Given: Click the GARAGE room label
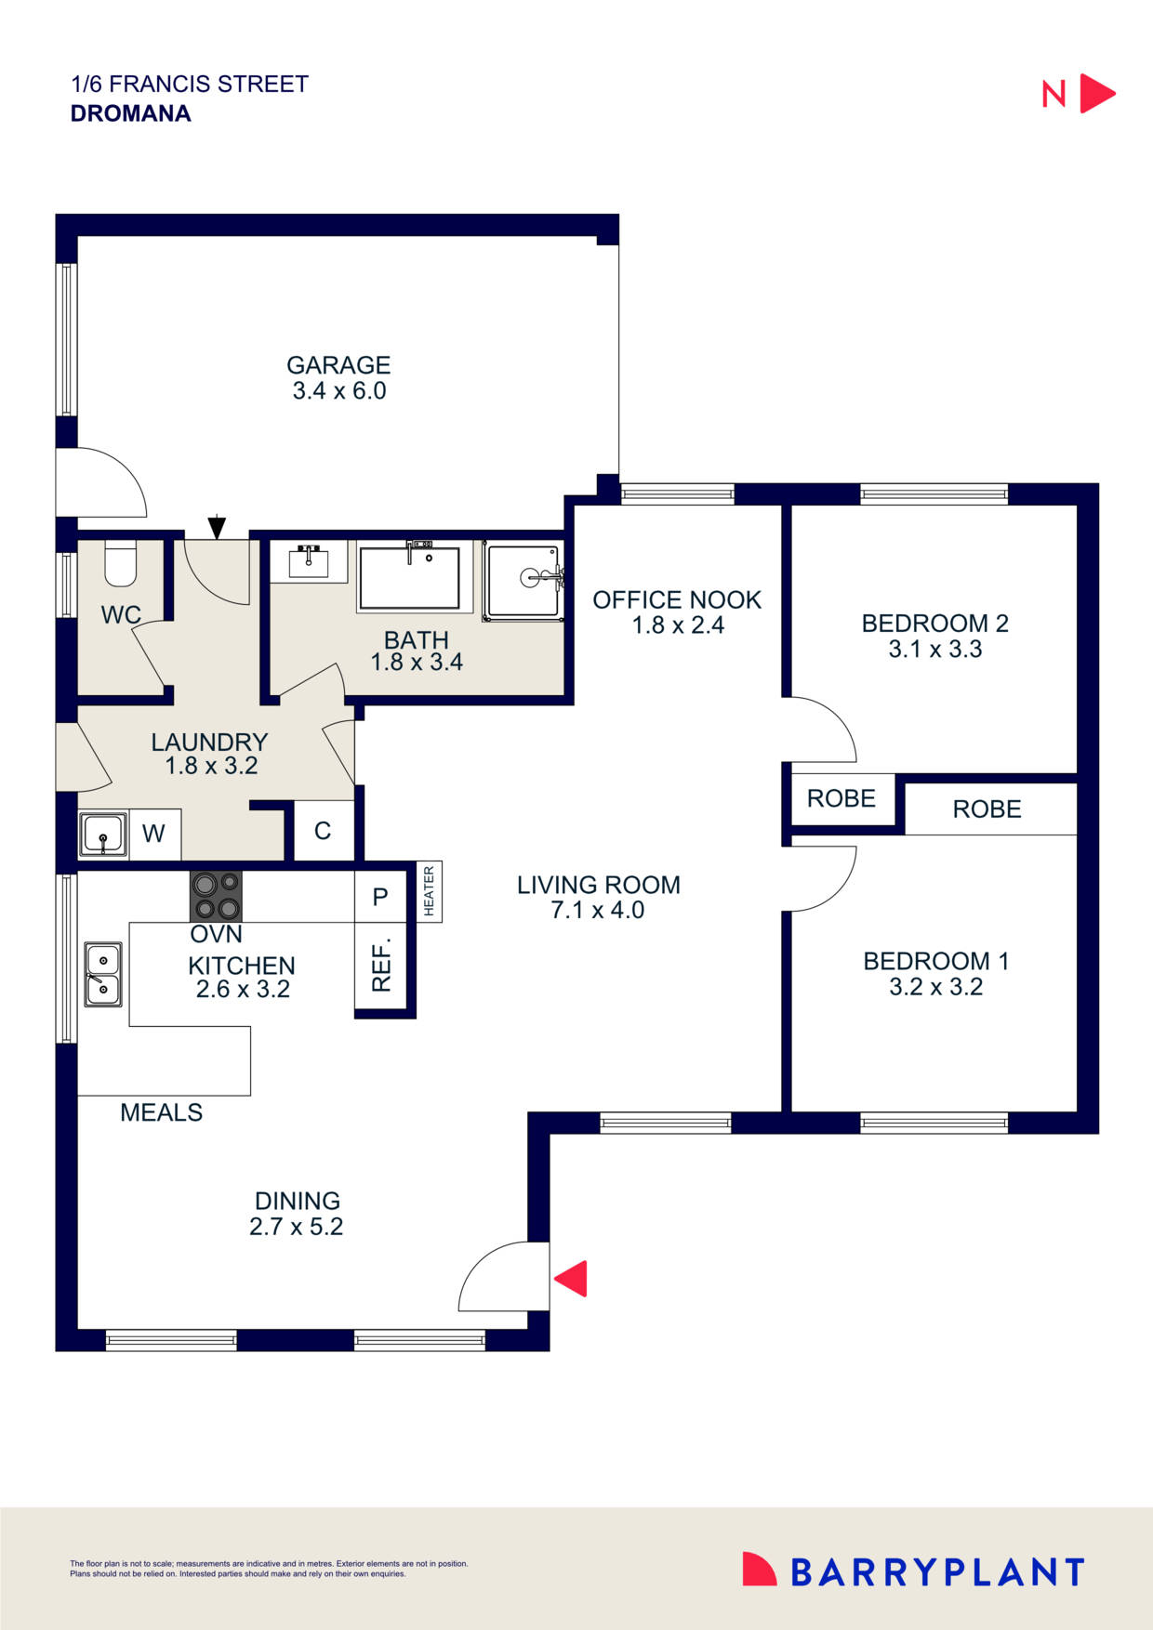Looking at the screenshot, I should pyautogui.click(x=338, y=365).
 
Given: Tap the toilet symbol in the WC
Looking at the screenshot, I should pyautogui.click(x=120, y=564).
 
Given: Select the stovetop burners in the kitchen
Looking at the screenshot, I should pyautogui.click(x=216, y=896).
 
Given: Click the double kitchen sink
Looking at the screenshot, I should pyautogui.click(x=103, y=975).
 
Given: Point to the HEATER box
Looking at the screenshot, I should pyautogui.click(x=429, y=892).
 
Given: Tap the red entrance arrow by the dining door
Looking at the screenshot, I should pyautogui.click(x=572, y=1278).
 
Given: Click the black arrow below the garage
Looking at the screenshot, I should pyautogui.click(x=217, y=527).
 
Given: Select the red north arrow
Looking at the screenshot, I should pyautogui.click(x=1095, y=94).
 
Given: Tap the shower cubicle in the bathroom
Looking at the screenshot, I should pyautogui.click(x=523, y=581).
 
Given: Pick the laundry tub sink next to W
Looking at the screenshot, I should pyautogui.click(x=102, y=835).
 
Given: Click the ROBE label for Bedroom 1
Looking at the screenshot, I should pyautogui.click(x=987, y=809).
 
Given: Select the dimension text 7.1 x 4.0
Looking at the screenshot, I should pyautogui.click(x=597, y=911).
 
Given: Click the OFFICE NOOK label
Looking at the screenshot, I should pyautogui.click(x=676, y=600).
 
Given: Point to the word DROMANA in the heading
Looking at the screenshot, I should pyautogui.click(x=131, y=113).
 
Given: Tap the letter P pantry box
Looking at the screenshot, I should pyautogui.click(x=380, y=897).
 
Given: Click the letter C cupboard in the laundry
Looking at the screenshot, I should pyautogui.click(x=323, y=831).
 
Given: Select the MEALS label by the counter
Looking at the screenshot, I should pyautogui.click(x=161, y=1112).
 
